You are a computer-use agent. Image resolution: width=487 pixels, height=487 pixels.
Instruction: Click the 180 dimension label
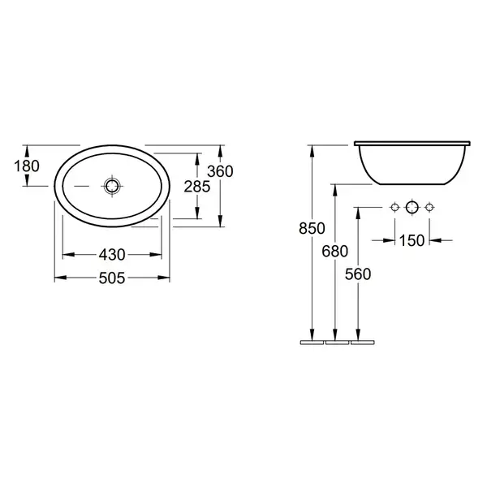[x=27, y=166]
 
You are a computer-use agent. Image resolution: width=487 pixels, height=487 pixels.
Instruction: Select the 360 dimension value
[x=220, y=171]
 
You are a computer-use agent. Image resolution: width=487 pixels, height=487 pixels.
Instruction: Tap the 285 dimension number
[x=197, y=187]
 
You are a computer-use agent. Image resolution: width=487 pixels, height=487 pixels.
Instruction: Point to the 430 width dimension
[x=112, y=255]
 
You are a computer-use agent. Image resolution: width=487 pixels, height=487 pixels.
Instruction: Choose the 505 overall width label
[x=112, y=278]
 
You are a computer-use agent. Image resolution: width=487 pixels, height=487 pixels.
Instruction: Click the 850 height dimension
[x=312, y=228]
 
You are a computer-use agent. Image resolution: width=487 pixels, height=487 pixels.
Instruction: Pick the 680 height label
[x=334, y=251]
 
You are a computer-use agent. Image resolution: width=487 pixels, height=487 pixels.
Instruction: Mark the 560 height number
[x=358, y=274]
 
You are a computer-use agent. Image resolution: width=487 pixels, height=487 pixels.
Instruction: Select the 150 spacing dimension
[x=412, y=240]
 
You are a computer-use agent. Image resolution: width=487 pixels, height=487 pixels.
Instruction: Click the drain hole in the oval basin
[x=112, y=186]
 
